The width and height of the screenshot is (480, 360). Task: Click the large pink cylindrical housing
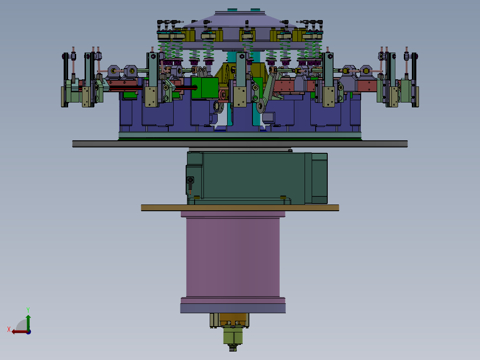click(x=232, y=258)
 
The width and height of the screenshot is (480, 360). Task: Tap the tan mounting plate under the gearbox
click(x=240, y=208)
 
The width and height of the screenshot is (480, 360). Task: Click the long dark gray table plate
click(x=240, y=144)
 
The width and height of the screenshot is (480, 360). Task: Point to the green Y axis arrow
click(x=28, y=322)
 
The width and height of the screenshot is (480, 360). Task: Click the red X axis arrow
click(x=20, y=332)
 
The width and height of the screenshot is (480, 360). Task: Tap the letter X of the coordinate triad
click(x=9, y=329)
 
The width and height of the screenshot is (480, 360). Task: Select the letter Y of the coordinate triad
click(x=28, y=310)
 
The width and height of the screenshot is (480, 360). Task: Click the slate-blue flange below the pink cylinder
click(x=233, y=308)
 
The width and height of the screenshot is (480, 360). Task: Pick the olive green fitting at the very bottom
click(x=233, y=336)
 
